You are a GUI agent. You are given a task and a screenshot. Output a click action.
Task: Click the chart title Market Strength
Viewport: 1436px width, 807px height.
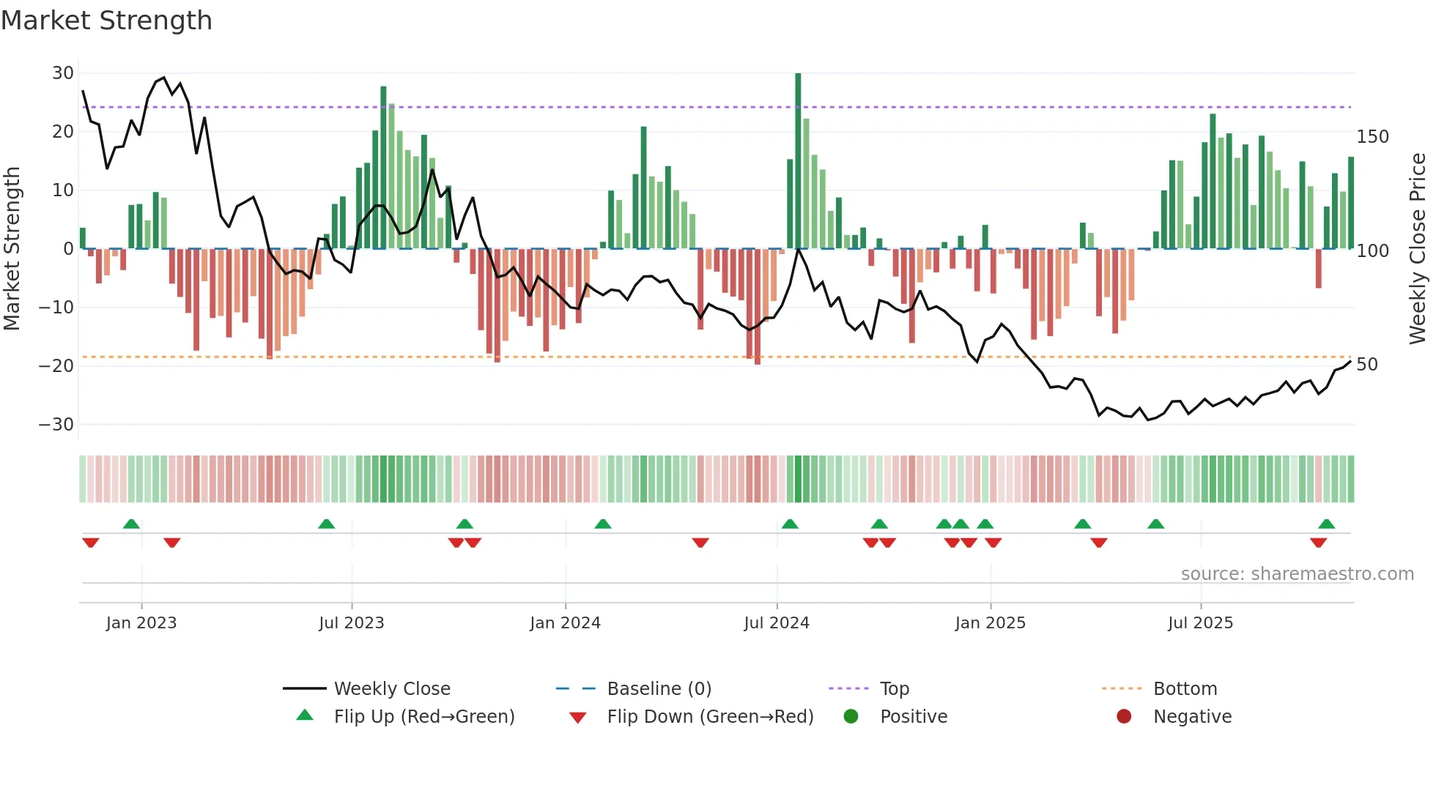coord(106,21)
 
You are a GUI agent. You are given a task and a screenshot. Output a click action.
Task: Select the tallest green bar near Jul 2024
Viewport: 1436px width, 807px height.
coord(798,161)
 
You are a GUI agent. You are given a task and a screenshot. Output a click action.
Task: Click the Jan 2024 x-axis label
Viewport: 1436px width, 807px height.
coord(565,623)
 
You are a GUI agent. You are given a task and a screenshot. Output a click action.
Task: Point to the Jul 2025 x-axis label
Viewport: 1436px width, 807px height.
coord(1200,623)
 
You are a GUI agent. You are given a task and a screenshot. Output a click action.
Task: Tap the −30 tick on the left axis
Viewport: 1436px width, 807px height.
coord(56,425)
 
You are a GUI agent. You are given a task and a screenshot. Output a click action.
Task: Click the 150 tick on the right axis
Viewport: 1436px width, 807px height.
coord(1372,137)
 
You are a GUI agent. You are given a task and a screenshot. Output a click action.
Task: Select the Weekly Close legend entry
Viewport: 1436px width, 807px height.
coord(392,689)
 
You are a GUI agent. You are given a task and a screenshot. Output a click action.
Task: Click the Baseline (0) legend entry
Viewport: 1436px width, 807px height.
coord(659,689)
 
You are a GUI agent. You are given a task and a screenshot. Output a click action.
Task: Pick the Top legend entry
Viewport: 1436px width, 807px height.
coord(894,689)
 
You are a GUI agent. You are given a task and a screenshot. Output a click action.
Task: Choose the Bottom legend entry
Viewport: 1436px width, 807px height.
coord(1185,689)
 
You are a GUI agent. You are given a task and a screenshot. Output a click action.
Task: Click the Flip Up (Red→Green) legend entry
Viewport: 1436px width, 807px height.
coord(423,717)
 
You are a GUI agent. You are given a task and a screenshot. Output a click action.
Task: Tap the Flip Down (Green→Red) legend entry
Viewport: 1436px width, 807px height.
coord(709,717)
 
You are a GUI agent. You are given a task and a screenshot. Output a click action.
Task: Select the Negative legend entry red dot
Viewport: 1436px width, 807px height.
coord(1124,716)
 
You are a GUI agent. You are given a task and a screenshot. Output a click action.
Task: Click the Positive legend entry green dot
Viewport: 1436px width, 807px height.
coord(851,716)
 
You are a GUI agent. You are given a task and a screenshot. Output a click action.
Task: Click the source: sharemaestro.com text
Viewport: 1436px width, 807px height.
coord(1297,574)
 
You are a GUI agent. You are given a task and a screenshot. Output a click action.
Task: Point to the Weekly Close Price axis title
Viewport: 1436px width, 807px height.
coord(1418,249)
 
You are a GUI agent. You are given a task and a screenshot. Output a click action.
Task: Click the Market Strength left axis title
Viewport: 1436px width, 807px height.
coord(12,249)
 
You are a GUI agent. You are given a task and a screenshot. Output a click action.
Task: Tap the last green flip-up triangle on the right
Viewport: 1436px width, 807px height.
coord(1326,524)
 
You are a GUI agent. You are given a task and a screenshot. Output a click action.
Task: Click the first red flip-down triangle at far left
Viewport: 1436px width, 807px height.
coord(91,543)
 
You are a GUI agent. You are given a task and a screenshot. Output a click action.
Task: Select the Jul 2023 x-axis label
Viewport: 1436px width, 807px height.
coord(351,623)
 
